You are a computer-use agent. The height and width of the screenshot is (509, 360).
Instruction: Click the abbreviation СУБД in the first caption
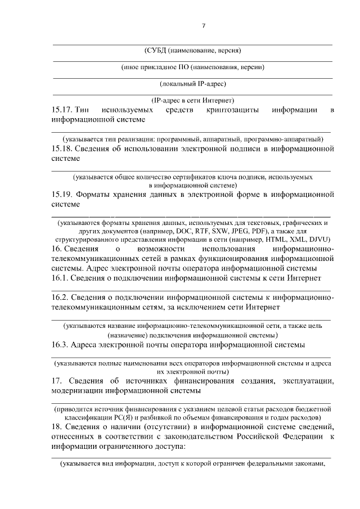tap(157, 50)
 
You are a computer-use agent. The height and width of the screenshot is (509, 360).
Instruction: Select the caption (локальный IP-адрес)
tap(193, 84)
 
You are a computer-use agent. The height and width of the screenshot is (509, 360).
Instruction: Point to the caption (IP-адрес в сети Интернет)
tap(193, 100)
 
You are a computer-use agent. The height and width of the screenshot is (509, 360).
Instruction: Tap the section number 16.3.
tap(61, 344)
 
